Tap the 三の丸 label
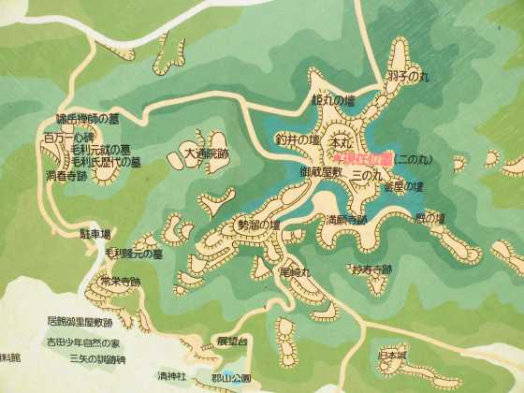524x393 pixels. (x=366, y=174)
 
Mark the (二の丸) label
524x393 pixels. (x=412, y=160)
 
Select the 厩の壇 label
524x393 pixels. (x=429, y=218)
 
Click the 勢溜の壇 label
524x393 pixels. (x=259, y=226)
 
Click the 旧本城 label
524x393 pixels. (x=393, y=355)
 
